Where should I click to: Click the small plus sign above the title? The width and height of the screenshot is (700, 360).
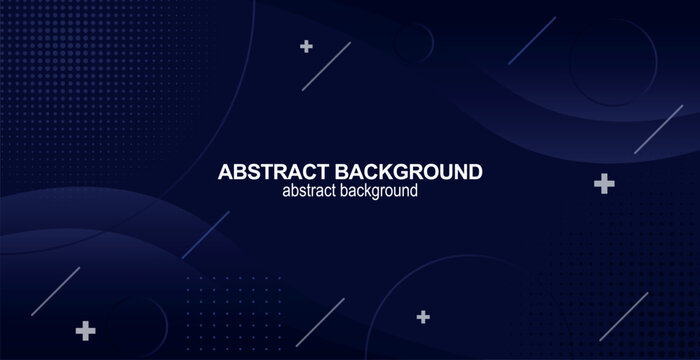(x=306, y=46)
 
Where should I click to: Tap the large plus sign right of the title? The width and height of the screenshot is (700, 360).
(x=603, y=183)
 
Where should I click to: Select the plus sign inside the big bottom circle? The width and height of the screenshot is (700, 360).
(x=423, y=317)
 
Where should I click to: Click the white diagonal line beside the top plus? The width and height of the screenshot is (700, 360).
(x=326, y=66)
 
